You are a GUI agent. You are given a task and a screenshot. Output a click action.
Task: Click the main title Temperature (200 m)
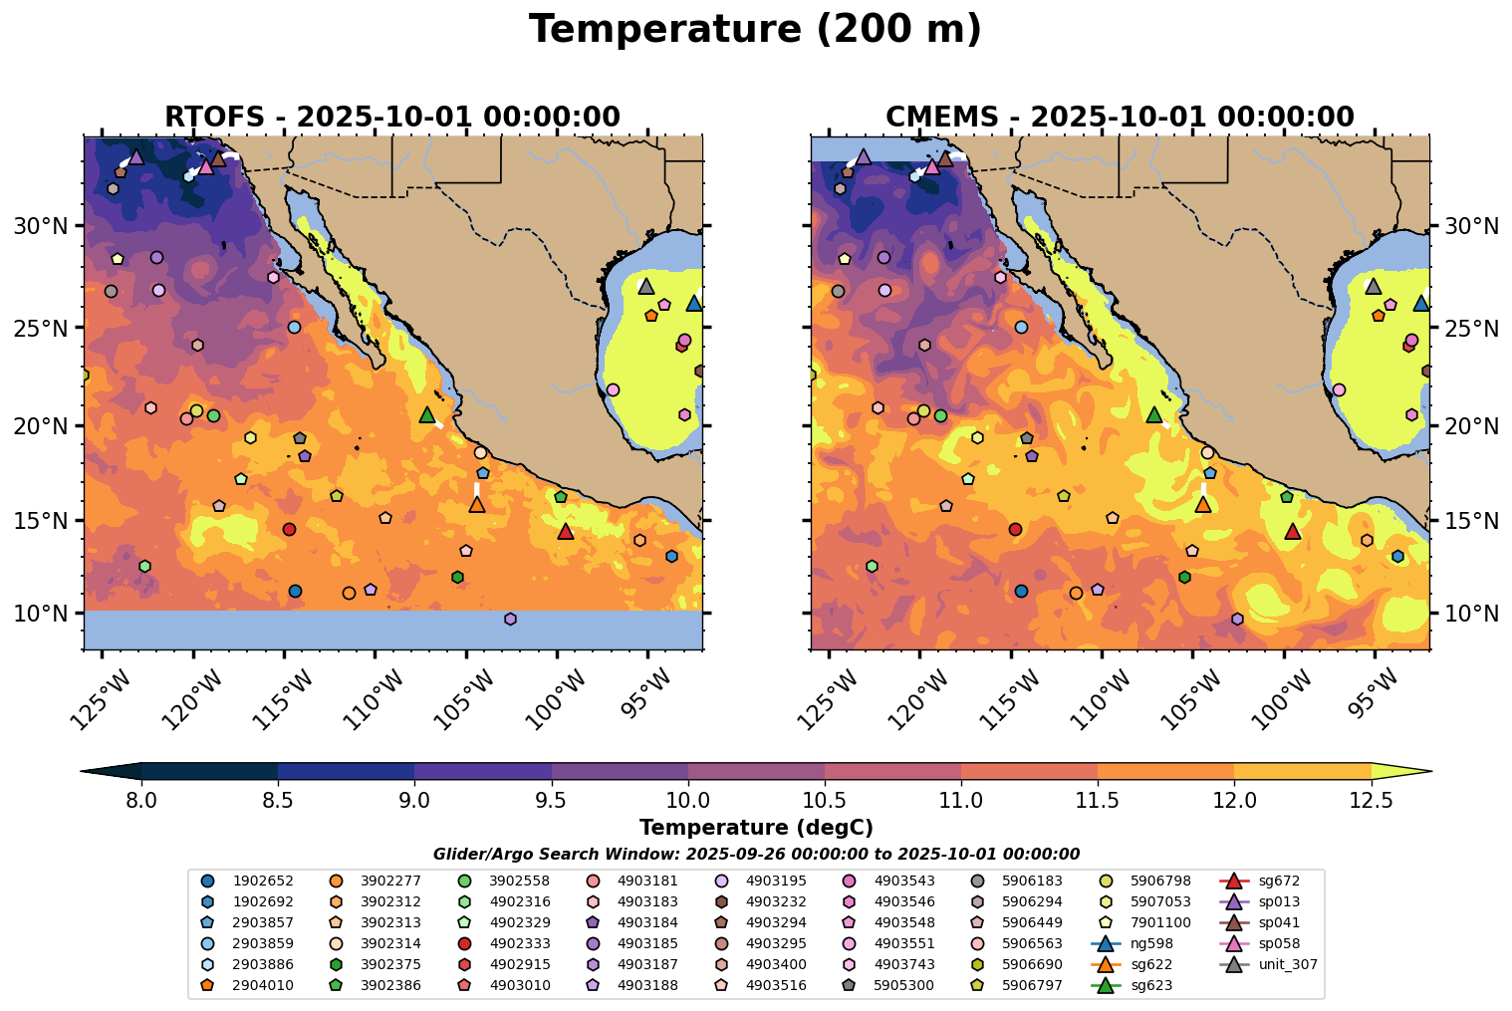[x=755, y=30]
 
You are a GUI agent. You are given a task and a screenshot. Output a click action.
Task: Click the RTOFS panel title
[x=392, y=118]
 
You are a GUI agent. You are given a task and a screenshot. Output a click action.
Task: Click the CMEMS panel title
[x=1120, y=118]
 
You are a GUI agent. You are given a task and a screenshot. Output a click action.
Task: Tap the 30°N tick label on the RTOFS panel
[x=40, y=227]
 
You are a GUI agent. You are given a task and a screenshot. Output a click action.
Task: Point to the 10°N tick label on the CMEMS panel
[x=1471, y=614]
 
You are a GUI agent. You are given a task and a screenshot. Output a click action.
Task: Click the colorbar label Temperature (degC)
[x=756, y=828]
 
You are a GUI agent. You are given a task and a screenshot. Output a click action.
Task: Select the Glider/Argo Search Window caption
[x=756, y=854]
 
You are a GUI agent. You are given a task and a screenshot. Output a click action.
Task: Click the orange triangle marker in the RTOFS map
[x=477, y=505]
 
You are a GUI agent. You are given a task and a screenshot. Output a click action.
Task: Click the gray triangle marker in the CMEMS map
[x=1373, y=287]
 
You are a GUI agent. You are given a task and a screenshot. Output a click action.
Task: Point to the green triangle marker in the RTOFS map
[x=427, y=415]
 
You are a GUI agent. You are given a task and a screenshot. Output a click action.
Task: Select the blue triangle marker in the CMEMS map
[x=1421, y=304]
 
